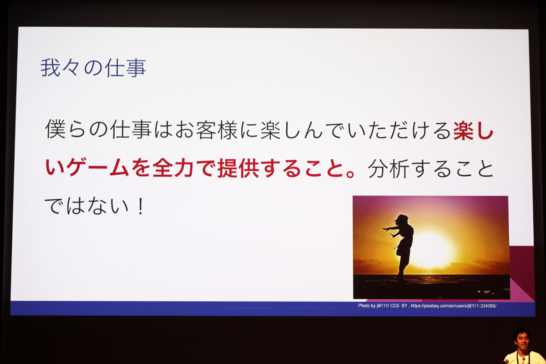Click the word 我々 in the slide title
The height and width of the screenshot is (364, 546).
pyautogui.click(x=61, y=68)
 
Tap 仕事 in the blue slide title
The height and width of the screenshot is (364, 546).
pyautogui.click(x=126, y=68)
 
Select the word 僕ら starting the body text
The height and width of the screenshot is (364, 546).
pyautogui.click(x=65, y=130)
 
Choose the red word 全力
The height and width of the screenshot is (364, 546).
pyautogui.click(x=173, y=168)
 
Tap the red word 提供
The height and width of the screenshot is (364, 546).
pyautogui.click(x=238, y=168)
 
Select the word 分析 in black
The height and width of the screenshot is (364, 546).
pyautogui.click(x=389, y=168)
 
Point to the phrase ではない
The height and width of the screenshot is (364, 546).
pyautogui.click(x=86, y=206)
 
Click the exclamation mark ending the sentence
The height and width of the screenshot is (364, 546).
pyautogui.click(x=141, y=206)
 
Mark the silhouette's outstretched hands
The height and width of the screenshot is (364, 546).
pyautogui.click(x=388, y=232)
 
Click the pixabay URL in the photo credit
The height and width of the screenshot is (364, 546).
pyautogui.click(x=453, y=306)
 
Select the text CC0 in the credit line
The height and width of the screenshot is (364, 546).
pyautogui.click(x=394, y=306)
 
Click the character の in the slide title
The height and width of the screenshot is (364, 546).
pyautogui.click(x=93, y=69)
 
